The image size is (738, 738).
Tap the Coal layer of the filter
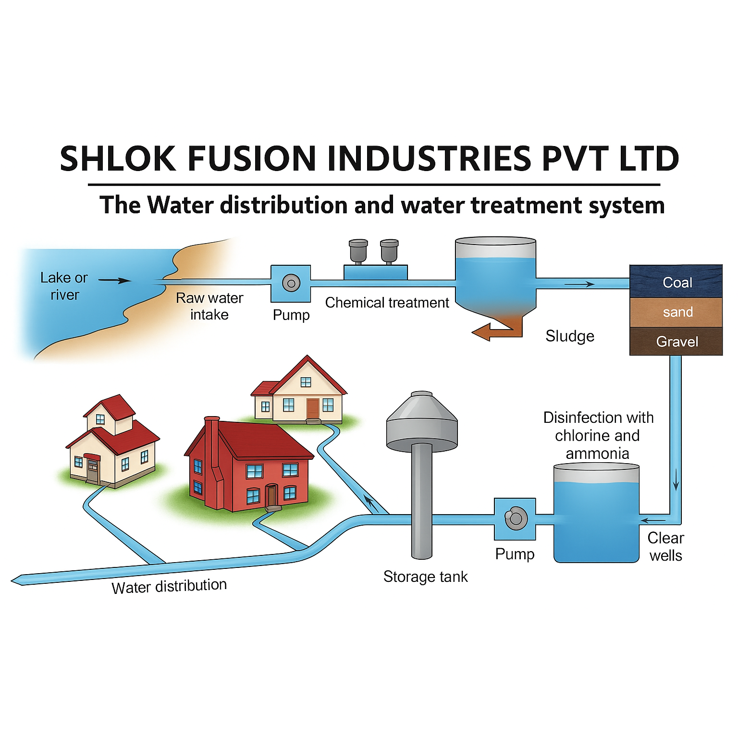click(676, 282)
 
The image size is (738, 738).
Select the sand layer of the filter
click(676, 312)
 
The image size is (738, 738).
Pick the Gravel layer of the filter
click(676, 342)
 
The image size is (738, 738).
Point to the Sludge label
click(570, 336)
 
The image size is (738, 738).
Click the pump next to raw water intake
click(291, 283)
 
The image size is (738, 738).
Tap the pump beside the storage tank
click(515, 518)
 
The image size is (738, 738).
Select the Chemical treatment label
click(387, 303)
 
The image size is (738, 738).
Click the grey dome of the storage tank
click(422, 418)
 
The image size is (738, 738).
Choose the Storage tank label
click(425, 577)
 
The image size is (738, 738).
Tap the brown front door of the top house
click(313, 409)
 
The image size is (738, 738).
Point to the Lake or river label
click(64, 286)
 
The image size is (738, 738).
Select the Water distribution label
click(169, 586)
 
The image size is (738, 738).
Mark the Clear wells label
click(665, 547)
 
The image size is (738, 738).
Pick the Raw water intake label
click(209, 306)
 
